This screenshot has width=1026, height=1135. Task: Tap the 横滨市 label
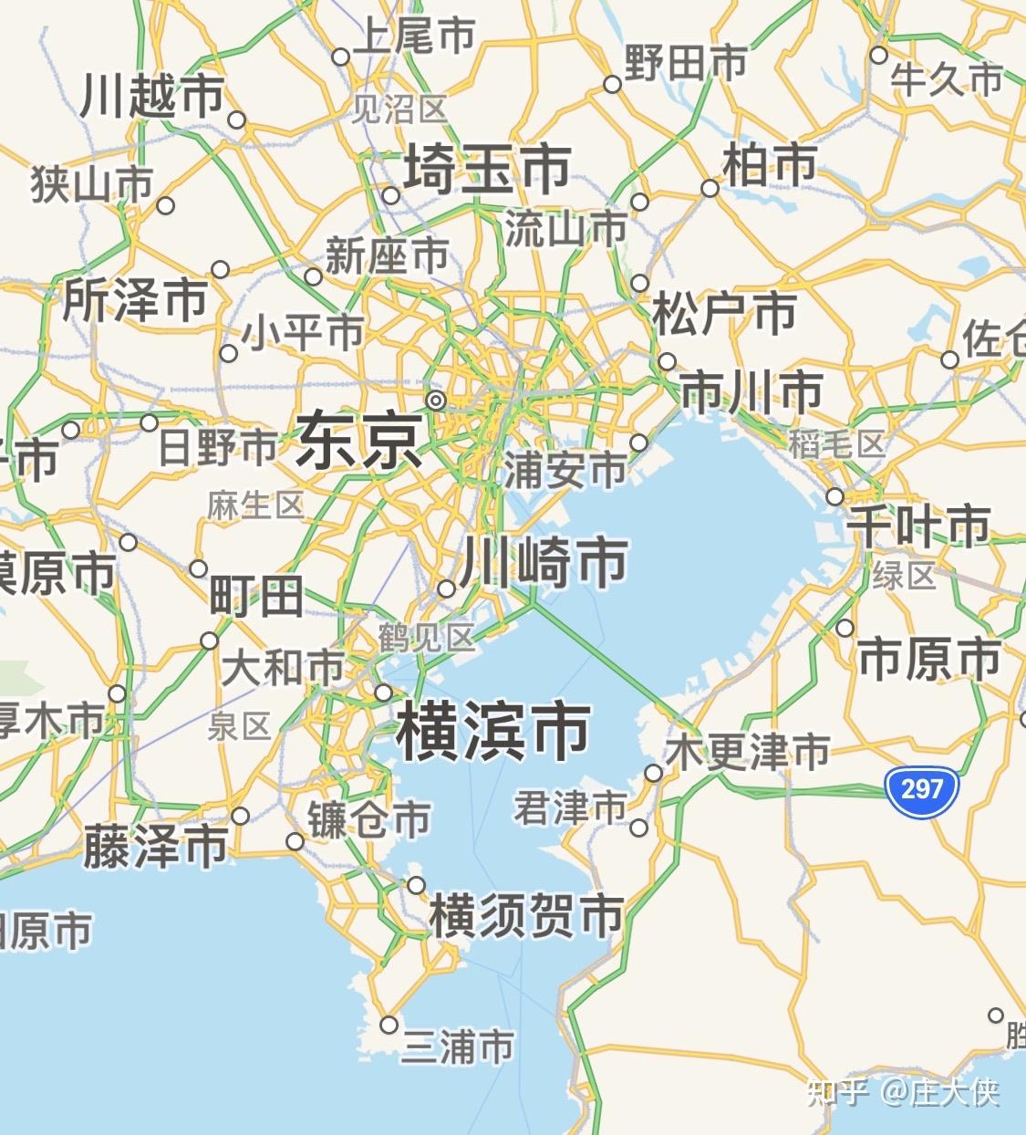pos(493,731)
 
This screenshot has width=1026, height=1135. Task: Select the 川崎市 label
pos(544,561)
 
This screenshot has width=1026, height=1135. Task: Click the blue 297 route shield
pos(921,788)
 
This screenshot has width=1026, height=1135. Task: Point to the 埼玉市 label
pos(487,169)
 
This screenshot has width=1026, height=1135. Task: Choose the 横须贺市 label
pos(526,915)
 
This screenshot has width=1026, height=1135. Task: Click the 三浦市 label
pos(459,1046)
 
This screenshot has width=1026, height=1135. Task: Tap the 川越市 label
pos(152,96)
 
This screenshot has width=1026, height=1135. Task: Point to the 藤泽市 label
pos(155,846)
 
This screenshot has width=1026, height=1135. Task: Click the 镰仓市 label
pos(368,818)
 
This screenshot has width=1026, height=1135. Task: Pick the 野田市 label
pos(686,63)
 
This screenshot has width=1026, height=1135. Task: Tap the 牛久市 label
pos(947,79)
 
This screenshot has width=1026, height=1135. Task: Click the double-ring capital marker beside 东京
pos(436,400)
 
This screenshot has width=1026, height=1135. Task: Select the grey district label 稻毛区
pos(837,444)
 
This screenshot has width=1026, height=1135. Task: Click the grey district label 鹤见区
pos(427,637)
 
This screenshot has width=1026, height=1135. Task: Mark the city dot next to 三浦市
pos(389,1025)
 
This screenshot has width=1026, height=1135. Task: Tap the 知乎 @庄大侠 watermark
pos(903,1092)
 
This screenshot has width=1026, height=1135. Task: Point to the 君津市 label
pos(570,807)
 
